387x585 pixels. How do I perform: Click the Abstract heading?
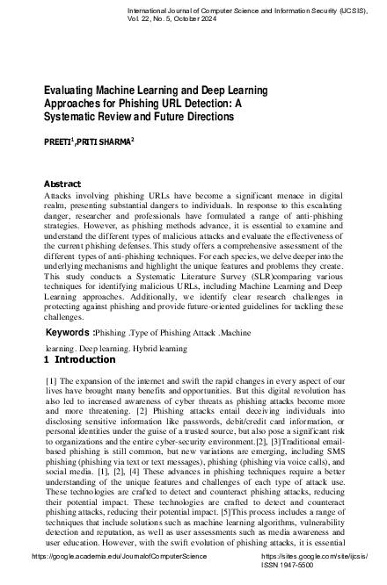click(62, 184)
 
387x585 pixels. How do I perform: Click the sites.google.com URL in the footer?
click(315, 568)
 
